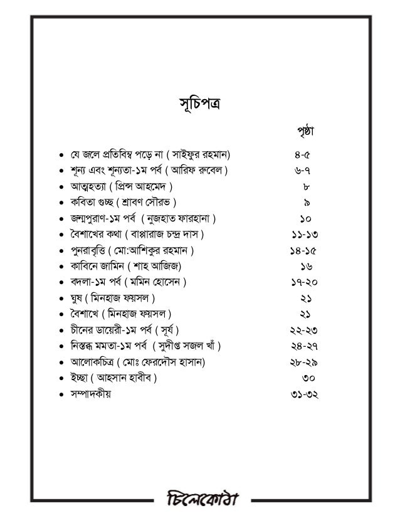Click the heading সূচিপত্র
pos(199,103)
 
